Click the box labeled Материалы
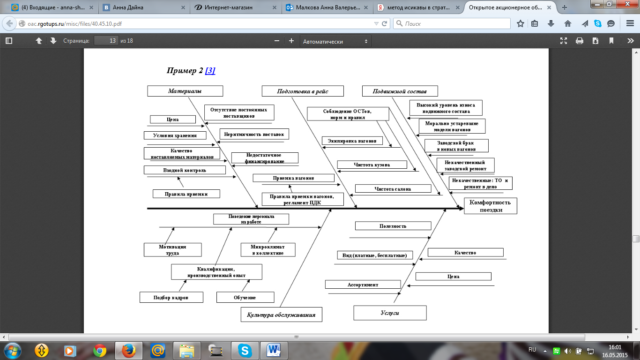(x=185, y=91)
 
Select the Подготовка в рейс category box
(x=302, y=91)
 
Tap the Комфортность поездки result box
(x=490, y=206)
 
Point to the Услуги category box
(x=390, y=313)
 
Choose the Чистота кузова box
(x=372, y=165)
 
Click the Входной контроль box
(x=185, y=170)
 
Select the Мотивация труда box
(x=172, y=249)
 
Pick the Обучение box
(x=245, y=297)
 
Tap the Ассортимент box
(x=363, y=285)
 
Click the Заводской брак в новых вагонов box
(x=456, y=146)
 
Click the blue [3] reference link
(x=210, y=71)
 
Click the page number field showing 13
(x=106, y=41)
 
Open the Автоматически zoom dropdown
(x=335, y=41)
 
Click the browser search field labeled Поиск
(x=452, y=23)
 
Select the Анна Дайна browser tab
(x=141, y=7)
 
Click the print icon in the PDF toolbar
(x=579, y=41)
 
